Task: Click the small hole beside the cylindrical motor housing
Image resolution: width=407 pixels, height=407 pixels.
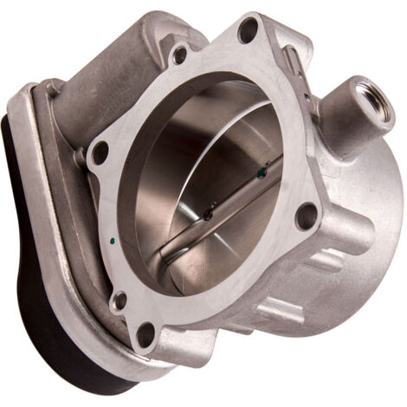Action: pos(179,55)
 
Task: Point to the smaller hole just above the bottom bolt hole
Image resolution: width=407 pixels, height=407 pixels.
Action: pos(120,301)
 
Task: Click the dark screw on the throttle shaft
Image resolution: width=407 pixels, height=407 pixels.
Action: pos(209,211)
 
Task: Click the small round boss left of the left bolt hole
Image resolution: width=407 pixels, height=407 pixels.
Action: pos(80,158)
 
